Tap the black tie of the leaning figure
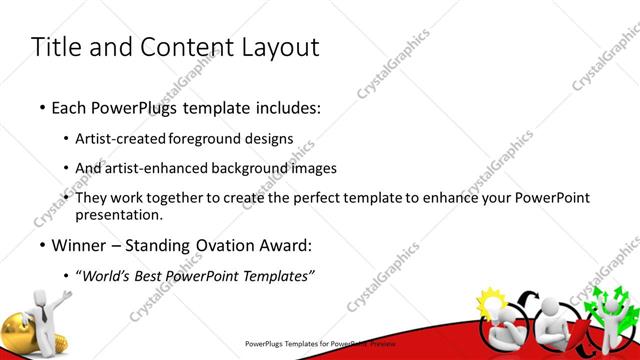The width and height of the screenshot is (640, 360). coord(45,316)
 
